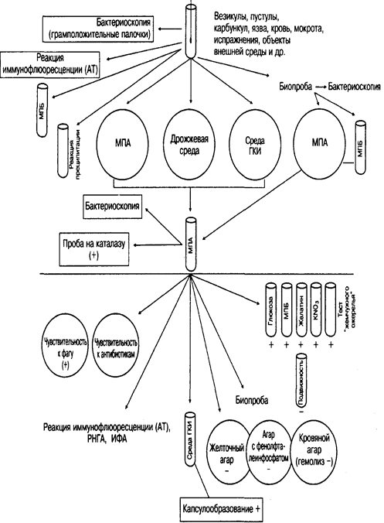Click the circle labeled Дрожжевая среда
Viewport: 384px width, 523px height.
[x=189, y=144]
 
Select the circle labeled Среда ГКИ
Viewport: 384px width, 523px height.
[x=256, y=144]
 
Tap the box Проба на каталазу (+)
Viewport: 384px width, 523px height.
[x=94, y=250]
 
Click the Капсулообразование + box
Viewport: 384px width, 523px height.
[x=220, y=509]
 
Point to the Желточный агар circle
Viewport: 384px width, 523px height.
[x=230, y=454]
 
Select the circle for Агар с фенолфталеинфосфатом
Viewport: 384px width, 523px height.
[x=270, y=453]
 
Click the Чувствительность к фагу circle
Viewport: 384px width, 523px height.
[x=66, y=350]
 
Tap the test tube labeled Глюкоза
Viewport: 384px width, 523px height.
[x=270, y=309]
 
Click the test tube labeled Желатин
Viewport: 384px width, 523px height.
[x=301, y=309]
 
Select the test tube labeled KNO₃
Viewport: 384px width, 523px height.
[x=316, y=309]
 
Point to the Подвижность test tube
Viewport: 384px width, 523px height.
[x=301, y=380]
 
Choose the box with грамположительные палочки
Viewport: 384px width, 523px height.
[x=98, y=29]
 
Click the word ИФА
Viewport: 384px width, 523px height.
[x=119, y=439]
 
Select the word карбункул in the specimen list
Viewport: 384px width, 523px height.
[x=228, y=29]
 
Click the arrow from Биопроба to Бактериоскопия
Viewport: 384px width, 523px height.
[x=320, y=87]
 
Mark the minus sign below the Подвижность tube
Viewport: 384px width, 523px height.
[x=301, y=412]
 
